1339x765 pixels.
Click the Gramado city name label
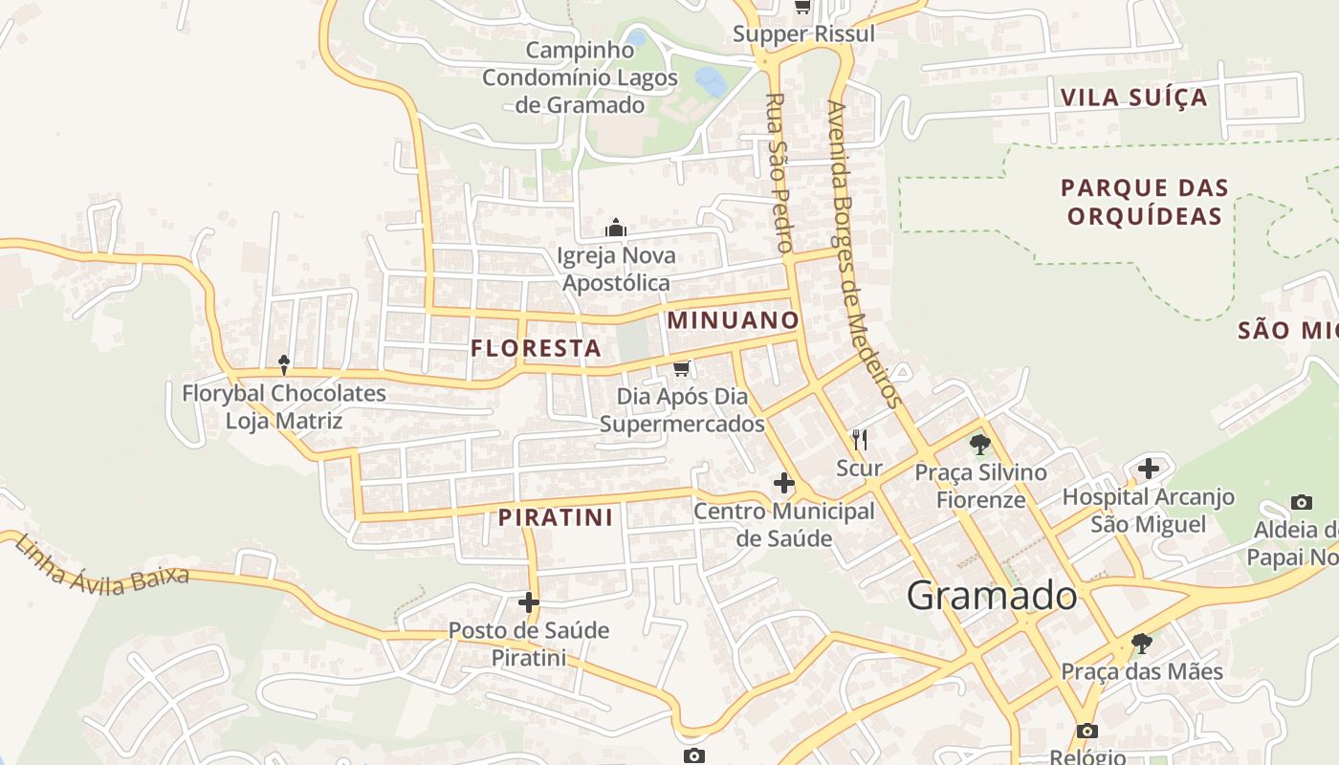pyautogui.click(x=992, y=596)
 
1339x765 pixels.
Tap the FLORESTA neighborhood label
pyautogui.click(x=536, y=348)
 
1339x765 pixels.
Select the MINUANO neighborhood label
pyautogui.click(x=733, y=319)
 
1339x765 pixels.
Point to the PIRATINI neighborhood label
pyautogui.click(x=555, y=517)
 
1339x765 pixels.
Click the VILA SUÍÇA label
pyautogui.click(x=1133, y=98)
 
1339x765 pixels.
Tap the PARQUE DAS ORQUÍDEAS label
pyautogui.click(x=1144, y=202)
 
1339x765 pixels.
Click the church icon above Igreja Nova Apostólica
pyautogui.click(x=615, y=228)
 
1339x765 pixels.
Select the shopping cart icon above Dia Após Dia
pyautogui.click(x=681, y=368)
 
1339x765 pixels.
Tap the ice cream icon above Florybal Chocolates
pyautogui.click(x=284, y=364)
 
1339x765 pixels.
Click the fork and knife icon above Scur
pyautogui.click(x=859, y=440)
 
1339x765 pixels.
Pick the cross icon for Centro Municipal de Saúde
pyautogui.click(x=784, y=483)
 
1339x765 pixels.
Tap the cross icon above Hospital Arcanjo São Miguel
pyautogui.click(x=1149, y=469)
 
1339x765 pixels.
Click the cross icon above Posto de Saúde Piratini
pyautogui.click(x=528, y=602)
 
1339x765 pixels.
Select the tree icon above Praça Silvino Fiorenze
pyautogui.click(x=979, y=444)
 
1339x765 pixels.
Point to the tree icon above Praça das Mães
pyautogui.click(x=1141, y=643)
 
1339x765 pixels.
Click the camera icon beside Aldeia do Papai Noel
pyautogui.click(x=1301, y=502)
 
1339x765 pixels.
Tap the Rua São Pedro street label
pyautogui.click(x=779, y=172)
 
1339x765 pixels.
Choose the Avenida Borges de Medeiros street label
pyautogui.click(x=864, y=253)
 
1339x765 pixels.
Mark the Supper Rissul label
pyautogui.click(x=803, y=34)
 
